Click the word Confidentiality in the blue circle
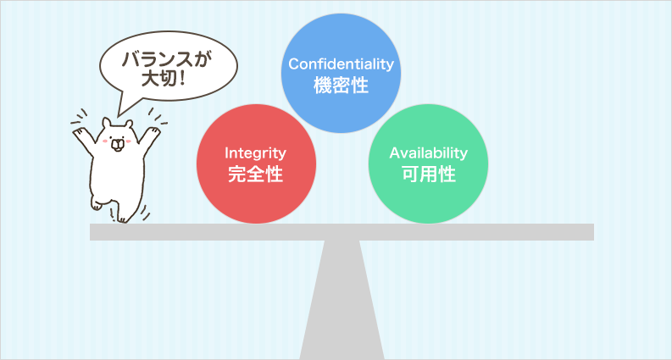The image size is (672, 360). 341,64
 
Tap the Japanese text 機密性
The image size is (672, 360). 341,86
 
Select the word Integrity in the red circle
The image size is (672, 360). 255,153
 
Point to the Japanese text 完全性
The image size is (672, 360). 255,174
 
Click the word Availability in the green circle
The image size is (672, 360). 428,153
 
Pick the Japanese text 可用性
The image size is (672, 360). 428,174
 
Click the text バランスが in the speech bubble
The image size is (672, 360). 167,60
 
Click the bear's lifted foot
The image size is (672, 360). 96,204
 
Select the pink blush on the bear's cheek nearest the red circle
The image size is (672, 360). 128,141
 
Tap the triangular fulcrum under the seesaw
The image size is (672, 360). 342,300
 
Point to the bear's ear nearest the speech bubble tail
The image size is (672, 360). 105,123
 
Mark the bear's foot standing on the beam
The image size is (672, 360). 123,219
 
